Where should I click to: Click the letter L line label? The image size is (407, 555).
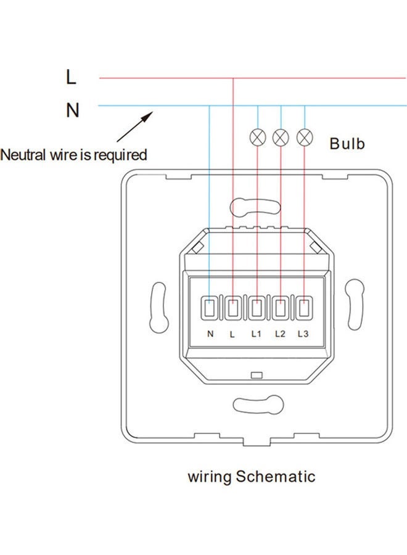click(72, 78)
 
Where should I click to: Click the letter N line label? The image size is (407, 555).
click(73, 110)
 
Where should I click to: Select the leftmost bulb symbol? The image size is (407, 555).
click(257, 136)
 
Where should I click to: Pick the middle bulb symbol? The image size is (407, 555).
click(281, 136)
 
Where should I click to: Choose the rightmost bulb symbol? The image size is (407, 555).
click(304, 136)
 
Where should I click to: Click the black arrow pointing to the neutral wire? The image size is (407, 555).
click(135, 126)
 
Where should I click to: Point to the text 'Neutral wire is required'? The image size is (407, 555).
click(74, 154)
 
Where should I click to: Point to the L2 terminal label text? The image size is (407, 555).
click(280, 334)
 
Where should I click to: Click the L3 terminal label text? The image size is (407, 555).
click(303, 334)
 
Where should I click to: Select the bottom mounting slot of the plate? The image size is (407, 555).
click(255, 405)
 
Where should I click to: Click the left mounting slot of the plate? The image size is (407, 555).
click(158, 306)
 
